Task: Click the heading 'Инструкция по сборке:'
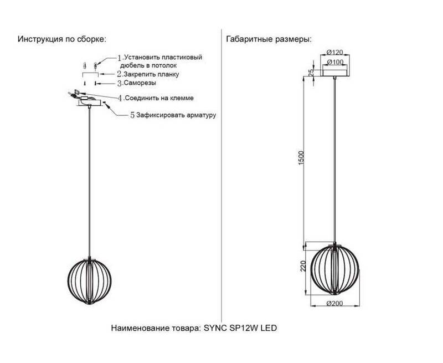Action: point(62,39)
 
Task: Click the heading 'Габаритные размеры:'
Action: point(269,39)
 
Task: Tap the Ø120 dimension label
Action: point(334,52)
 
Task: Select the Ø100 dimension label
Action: point(335,62)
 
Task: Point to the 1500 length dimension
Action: point(302,158)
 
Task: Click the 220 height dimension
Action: point(303,266)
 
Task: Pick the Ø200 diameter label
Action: point(334,303)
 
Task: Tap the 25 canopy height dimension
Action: point(311,73)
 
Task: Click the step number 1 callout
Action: point(120,58)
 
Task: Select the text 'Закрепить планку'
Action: point(151,74)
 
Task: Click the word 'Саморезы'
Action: point(140,83)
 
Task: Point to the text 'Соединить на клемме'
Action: point(159,98)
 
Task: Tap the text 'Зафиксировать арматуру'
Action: point(176,115)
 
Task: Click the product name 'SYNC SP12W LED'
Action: point(240,328)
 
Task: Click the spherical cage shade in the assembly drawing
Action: point(90,280)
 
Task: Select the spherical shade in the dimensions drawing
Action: point(334,269)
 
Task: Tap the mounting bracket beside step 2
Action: point(90,74)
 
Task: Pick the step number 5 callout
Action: point(132,115)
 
